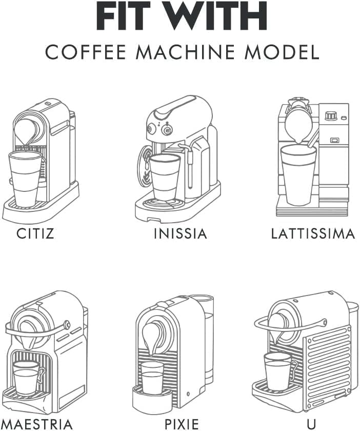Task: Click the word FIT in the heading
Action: coord(127,17)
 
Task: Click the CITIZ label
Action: coord(35,234)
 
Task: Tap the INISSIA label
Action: coord(180,234)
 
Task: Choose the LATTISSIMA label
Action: coord(313,234)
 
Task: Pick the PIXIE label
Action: coord(181,424)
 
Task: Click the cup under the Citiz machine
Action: coord(25,178)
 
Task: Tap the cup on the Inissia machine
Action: coord(165,177)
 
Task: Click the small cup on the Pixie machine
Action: coord(152,378)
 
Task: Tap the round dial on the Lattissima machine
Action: coord(331,116)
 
